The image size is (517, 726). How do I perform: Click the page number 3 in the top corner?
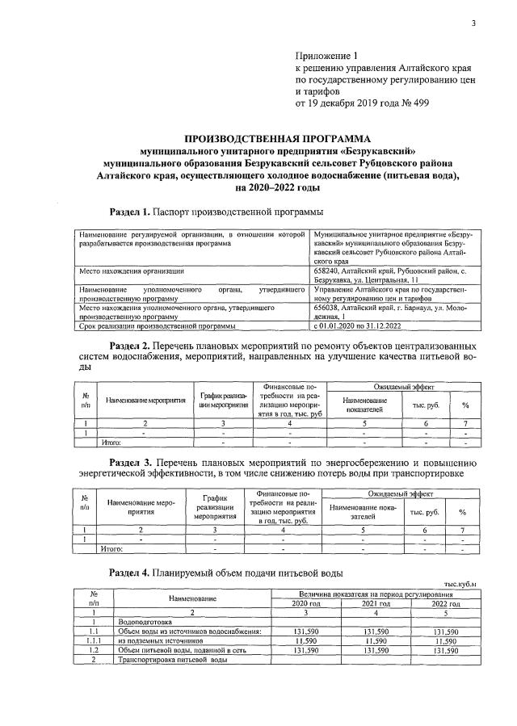pos(474,23)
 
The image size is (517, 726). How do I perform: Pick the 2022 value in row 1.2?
pos(445,649)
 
